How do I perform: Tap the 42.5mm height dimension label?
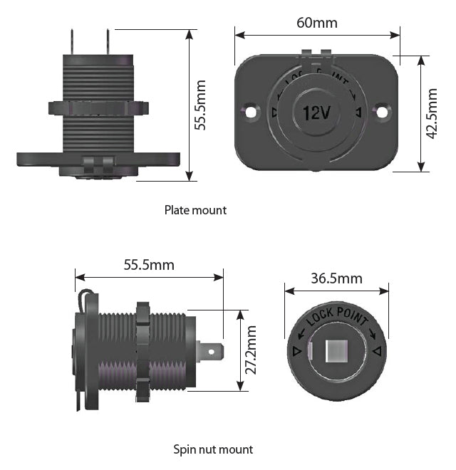coord(432,115)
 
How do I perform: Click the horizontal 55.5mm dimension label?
coord(149,265)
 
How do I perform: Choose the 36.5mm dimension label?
coord(336,278)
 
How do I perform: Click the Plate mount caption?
coord(195,210)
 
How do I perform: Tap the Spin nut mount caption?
coord(213,449)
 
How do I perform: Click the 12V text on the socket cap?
coord(316,113)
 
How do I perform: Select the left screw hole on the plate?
coord(250,112)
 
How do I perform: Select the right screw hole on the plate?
coord(383,112)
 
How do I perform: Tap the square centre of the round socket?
coord(337,351)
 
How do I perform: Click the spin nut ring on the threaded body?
coord(141,349)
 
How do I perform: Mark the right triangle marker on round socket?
coord(378,350)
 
